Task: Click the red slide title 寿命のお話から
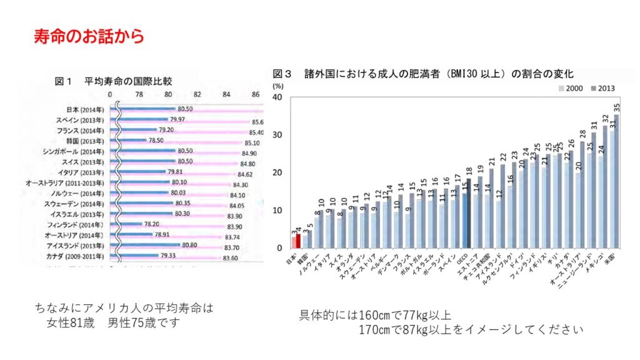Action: [x=89, y=36]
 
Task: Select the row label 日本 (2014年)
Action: [x=85, y=109]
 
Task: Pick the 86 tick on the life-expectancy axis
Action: [x=256, y=94]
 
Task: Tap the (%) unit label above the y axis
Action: [x=279, y=85]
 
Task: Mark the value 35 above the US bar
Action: [x=617, y=107]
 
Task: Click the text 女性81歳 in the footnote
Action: [x=71, y=323]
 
